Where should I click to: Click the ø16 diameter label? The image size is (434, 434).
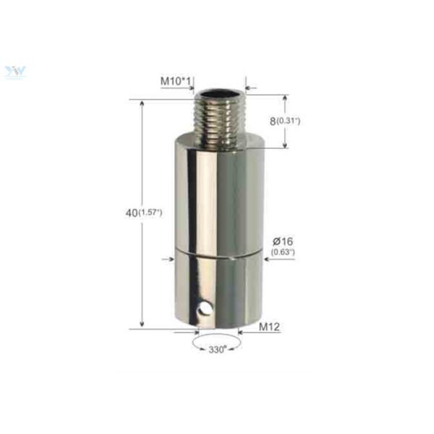(282, 240)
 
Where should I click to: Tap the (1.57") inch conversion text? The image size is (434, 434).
(150, 213)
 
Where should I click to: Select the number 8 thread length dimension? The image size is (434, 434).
(273, 121)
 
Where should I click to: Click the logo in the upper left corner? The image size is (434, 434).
(14, 72)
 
